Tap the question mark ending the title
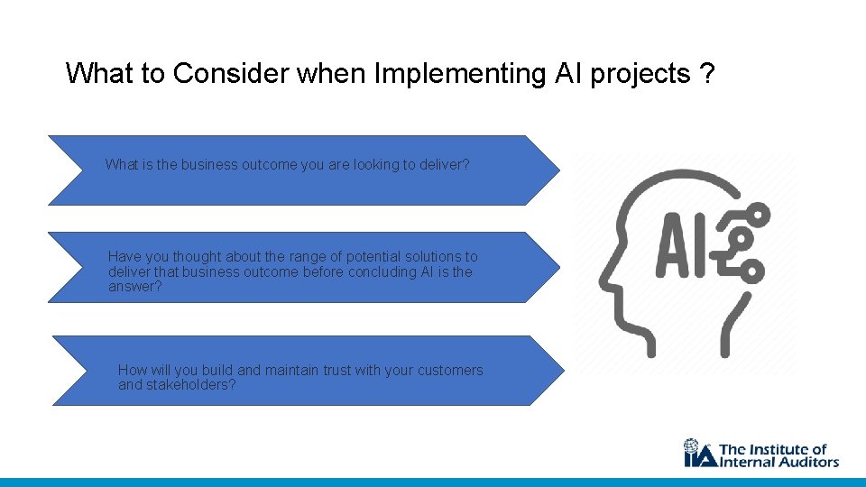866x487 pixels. click(x=707, y=74)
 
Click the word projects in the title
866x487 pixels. click(x=640, y=74)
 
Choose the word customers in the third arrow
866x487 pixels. click(x=447, y=371)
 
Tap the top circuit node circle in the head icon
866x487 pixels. click(x=759, y=215)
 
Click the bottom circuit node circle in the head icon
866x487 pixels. click(x=752, y=271)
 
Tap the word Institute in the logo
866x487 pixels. click(x=780, y=449)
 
